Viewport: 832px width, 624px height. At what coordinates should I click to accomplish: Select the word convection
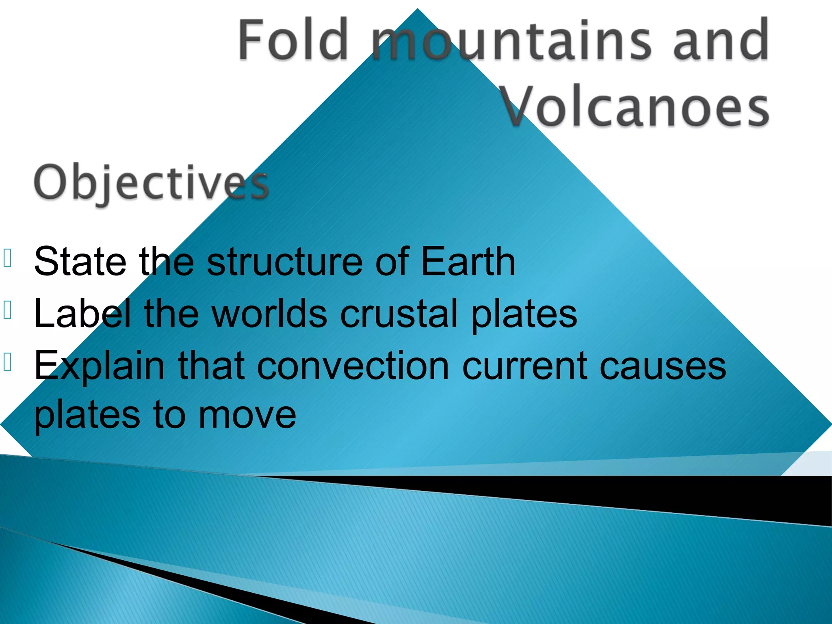pyautogui.click(x=353, y=365)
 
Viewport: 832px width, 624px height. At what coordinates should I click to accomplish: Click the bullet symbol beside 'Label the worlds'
pyautogui.click(x=7, y=310)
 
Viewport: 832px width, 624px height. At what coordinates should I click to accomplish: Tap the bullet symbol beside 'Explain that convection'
pyautogui.click(x=7, y=362)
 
